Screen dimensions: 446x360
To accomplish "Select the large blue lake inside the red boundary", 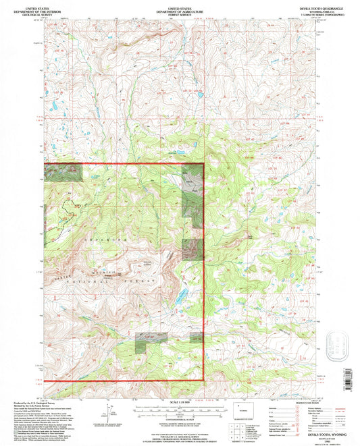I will click(182, 296).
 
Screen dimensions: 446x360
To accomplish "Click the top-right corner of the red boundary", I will click(204, 164).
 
